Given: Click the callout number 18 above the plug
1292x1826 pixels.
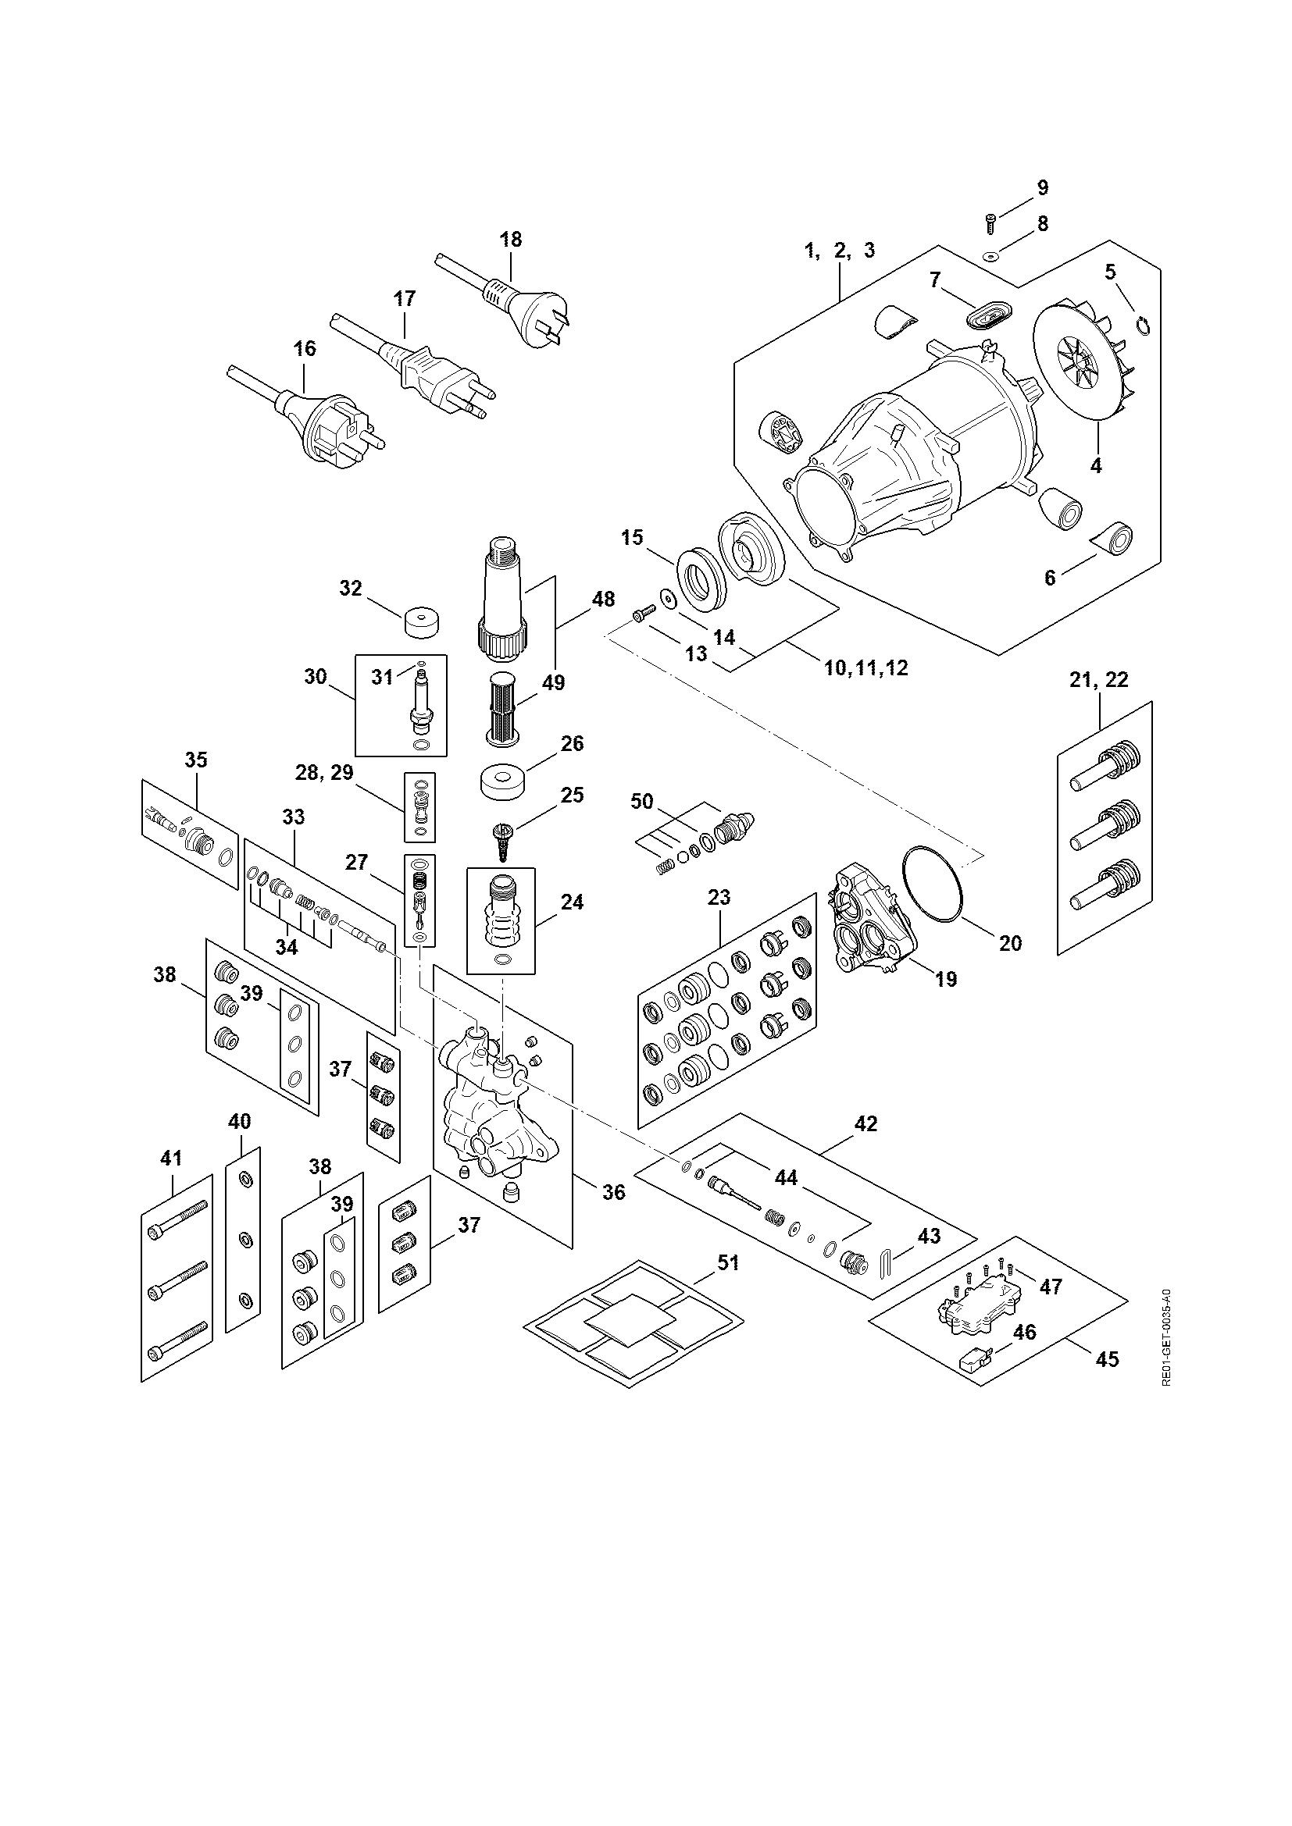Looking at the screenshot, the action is click(x=511, y=239).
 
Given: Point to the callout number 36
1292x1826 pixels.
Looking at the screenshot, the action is click(x=612, y=1214).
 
